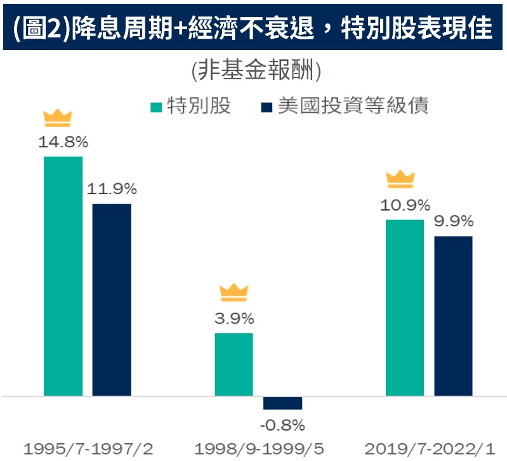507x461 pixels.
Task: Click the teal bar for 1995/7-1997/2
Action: click(63, 276)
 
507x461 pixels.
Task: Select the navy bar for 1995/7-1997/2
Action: click(112, 299)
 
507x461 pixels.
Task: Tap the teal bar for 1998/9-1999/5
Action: click(234, 364)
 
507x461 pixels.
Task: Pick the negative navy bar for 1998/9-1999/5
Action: click(282, 403)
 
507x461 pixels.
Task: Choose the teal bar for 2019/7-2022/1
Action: click(405, 308)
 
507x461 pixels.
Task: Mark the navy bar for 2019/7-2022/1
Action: click(454, 316)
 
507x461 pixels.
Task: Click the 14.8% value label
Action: click(63, 141)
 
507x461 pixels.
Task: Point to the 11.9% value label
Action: click(112, 189)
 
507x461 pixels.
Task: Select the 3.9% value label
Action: click(234, 318)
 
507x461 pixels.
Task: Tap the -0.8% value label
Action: click(283, 425)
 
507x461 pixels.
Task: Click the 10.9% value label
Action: click(405, 205)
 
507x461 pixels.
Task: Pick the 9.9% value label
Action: click(454, 222)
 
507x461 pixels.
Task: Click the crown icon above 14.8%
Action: click(58, 118)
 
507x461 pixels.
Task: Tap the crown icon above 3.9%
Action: click(234, 292)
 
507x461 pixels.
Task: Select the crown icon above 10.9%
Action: click(400, 179)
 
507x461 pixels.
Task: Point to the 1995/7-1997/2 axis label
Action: click(88, 449)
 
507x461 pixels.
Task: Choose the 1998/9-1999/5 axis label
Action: click(259, 449)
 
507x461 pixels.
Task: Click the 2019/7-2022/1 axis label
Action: click(429, 449)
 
